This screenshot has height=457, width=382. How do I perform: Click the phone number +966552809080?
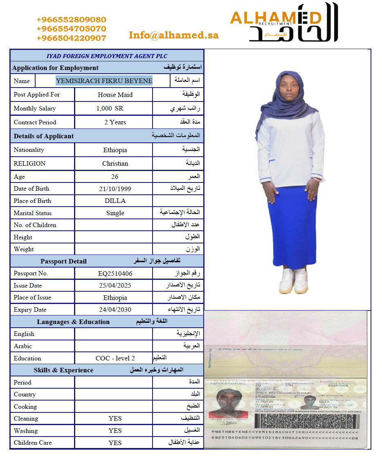pos(71,20)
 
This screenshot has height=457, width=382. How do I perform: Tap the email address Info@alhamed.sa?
pos(173,35)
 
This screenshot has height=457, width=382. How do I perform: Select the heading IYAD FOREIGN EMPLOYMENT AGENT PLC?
pos(107,56)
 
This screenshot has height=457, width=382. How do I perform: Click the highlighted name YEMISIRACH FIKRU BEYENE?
pos(104,81)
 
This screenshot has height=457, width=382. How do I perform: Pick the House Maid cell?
pos(115,95)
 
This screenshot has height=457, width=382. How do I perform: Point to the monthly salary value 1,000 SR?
pos(110,108)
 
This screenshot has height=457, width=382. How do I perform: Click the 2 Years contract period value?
pos(115,122)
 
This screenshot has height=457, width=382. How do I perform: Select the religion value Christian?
pos(115,163)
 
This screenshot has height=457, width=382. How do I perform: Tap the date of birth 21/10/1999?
pos(115,189)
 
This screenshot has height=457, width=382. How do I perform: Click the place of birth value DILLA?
pos(115,201)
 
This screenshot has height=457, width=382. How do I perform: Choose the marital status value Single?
pos(115,213)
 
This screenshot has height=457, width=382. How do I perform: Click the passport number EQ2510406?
pos(115,273)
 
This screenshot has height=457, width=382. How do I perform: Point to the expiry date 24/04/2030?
pos(115,310)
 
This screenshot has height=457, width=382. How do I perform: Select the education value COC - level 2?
pos(115,358)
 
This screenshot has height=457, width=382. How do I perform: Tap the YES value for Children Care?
pos(115,443)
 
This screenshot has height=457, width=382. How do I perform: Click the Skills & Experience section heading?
pos(63,370)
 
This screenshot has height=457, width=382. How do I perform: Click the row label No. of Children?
pos(35,225)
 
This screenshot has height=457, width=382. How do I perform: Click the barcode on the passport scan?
pos(307,420)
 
